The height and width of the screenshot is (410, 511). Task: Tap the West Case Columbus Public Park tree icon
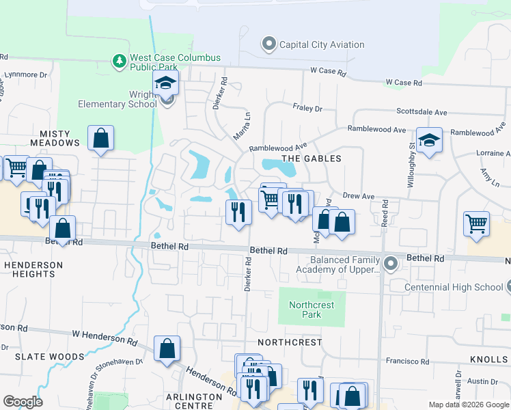point(120,61)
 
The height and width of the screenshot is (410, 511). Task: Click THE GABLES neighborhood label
point(311,158)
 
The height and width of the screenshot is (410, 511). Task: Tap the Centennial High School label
point(453,287)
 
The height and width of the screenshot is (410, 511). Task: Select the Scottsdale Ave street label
point(422,112)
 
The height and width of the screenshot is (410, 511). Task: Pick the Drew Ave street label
point(359,196)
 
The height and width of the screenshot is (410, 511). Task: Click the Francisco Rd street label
point(406,359)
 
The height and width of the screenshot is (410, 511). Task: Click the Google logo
point(23,402)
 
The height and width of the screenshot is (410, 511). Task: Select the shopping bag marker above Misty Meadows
point(100,138)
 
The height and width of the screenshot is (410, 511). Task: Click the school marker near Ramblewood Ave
point(428,141)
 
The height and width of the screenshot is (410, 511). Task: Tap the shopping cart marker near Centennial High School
point(476,223)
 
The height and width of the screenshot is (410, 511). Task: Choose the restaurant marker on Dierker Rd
point(238,211)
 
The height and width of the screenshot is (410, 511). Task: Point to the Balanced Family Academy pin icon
point(390,263)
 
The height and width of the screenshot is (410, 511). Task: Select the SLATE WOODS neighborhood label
point(51,357)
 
